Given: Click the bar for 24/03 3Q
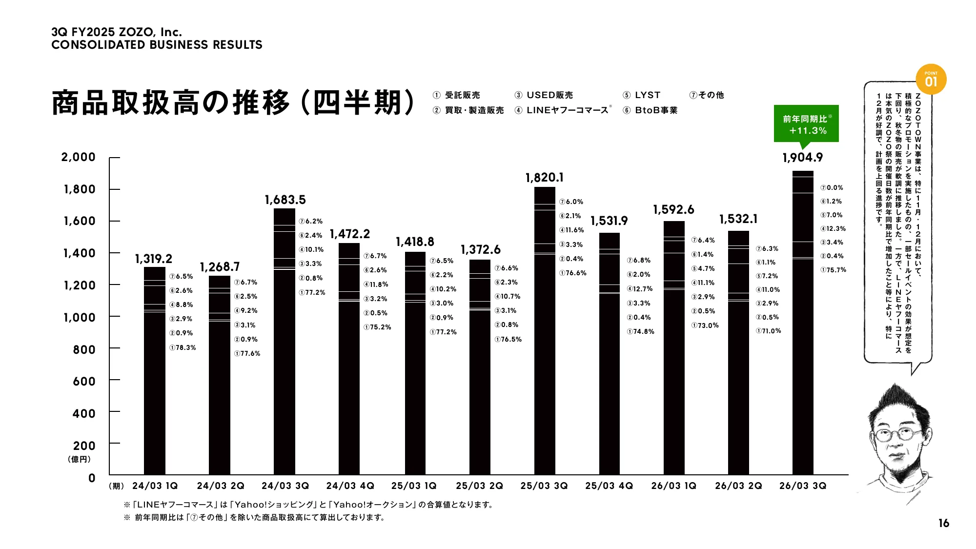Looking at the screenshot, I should point(285,342).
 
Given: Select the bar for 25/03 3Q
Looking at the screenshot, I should point(545,332).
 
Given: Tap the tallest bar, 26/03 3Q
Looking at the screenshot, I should point(803,322).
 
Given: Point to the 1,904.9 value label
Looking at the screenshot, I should point(803,158).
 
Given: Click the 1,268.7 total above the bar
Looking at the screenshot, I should point(220,267).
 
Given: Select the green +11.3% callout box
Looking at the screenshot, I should point(806,124).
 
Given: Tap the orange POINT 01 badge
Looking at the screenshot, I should point(931,80).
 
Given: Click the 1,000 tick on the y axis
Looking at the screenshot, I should point(80,318).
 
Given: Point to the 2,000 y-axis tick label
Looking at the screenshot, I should point(78,157).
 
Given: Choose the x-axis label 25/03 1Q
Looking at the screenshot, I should point(414,486).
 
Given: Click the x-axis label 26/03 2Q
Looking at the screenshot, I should point(738,486).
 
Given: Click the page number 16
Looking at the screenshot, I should point(943,523).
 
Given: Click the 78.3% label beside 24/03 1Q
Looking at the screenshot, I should point(183,347).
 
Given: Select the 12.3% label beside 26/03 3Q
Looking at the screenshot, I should point(833,228).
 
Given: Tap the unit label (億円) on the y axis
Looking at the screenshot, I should point(79,459).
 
